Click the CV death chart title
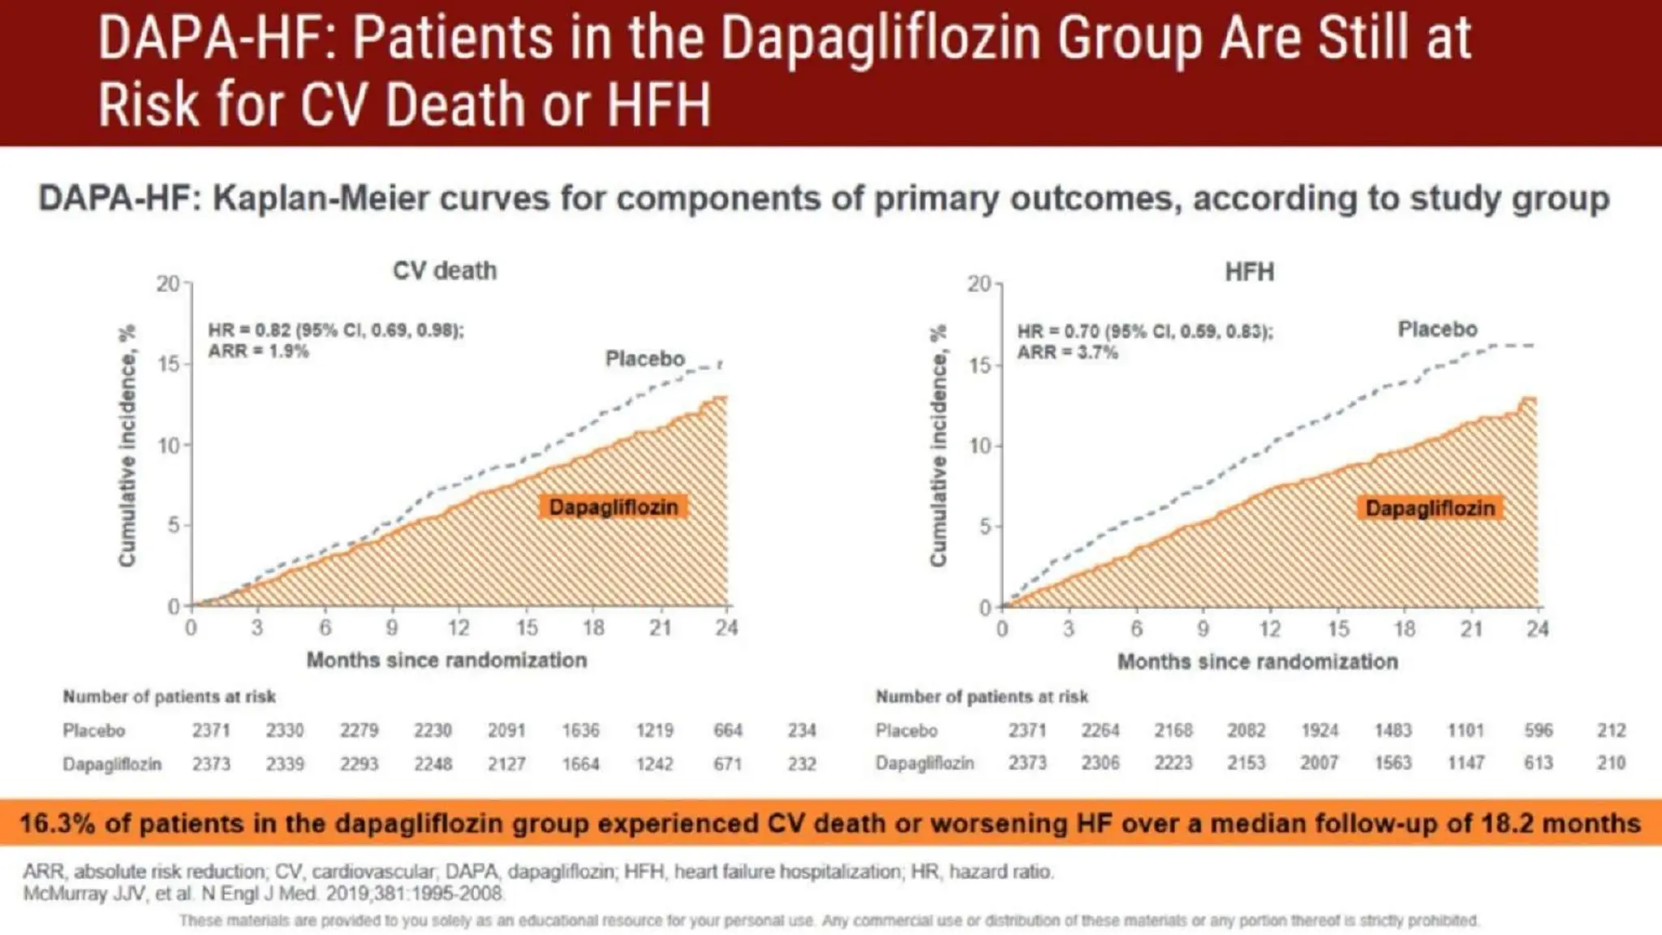pyautogui.click(x=444, y=270)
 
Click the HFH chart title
pyautogui.click(x=1249, y=271)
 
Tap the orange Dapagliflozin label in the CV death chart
pyautogui.click(x=613, y=507)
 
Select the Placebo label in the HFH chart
pyautogui.click(x=1437, y=330)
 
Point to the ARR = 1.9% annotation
pyautogui.click(x=258, y=351)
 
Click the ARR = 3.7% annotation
pyautogui.click(x=1067, y=352)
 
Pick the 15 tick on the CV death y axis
pyautogui.click(x=169, y=364)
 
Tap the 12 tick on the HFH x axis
pyautogui.click(x=1270, y=629)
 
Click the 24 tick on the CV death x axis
pyautogui.click(x=726, y=627)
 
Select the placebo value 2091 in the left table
pyautogui.click(x=506, y=730)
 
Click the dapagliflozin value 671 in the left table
pyautogui.click(x=728, y=764)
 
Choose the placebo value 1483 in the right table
pyautogui.click(x=1393, y=730)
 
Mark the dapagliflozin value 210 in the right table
pyautogui.click(x=1611, y=763)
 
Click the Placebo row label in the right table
pyautogui.click(x=906, y=730)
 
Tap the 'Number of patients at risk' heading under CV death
pyautogui.click(x=170, y=696)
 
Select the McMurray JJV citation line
pyautogui.click(x=263, y=894)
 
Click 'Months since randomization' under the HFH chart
pyautogui.click(x=1257, y=661)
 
